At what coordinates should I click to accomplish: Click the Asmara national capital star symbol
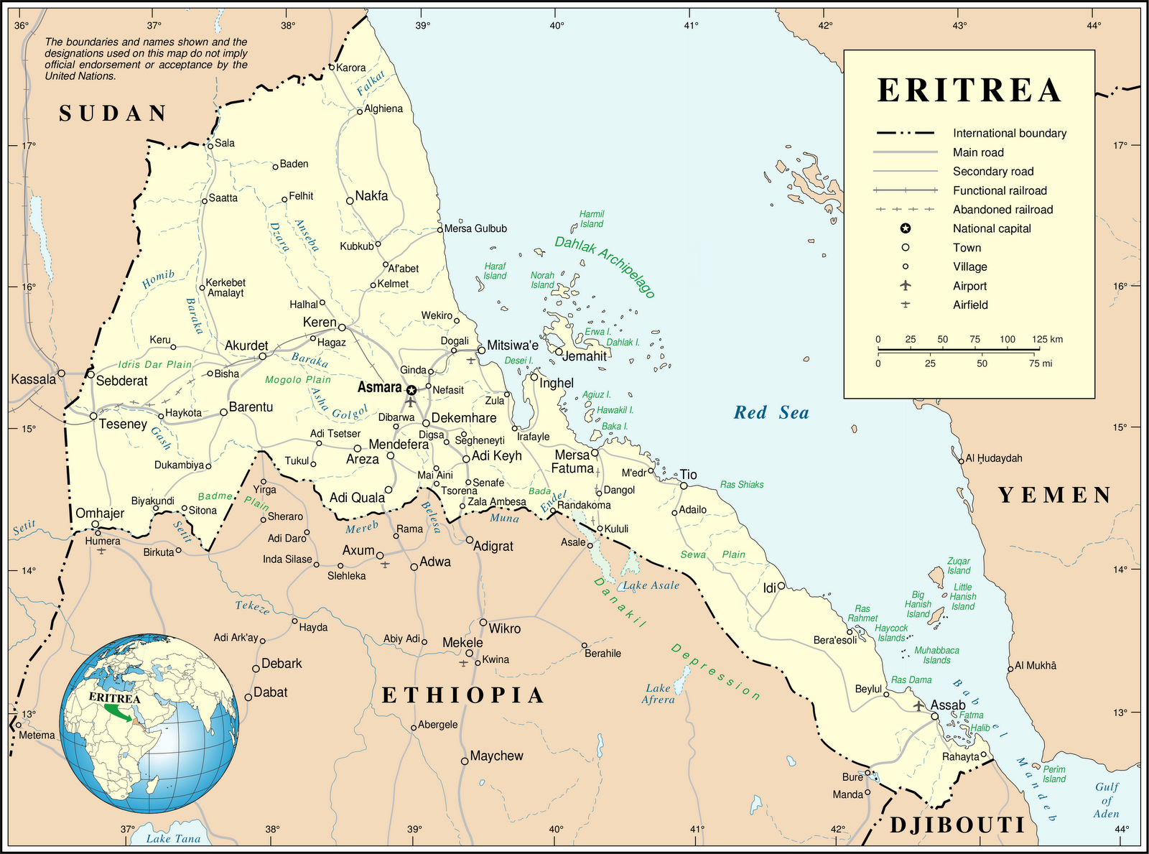point(411,390)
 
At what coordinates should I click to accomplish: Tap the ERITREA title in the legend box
point(969,91)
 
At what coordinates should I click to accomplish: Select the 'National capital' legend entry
point(991,228)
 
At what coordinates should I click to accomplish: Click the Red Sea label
point(771,413)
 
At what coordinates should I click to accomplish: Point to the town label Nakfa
point(371,196)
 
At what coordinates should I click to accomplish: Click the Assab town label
point(948,705)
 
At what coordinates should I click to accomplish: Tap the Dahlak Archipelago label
point(605,266)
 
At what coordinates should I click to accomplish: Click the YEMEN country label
point(1055,495)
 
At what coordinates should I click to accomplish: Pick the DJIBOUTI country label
point(958,825)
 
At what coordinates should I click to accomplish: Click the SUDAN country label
point(113,113)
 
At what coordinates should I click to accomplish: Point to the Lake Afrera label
point(658,694)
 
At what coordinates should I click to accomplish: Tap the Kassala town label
point(33,379)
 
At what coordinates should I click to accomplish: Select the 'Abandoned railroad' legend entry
point(1003,210)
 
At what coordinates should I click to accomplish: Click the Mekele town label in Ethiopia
point(462,642)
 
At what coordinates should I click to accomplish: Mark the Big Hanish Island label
point(918,604)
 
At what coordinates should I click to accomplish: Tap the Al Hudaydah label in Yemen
point(993,458)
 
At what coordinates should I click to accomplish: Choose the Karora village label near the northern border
point(351,68)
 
